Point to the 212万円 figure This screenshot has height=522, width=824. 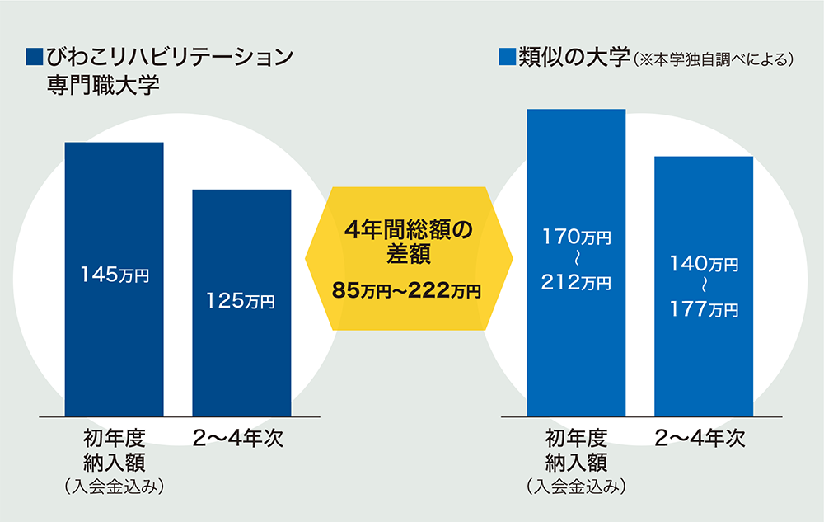576,283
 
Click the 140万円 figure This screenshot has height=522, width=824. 704,264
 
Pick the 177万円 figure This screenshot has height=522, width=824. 704,310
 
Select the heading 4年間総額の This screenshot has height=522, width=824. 409,228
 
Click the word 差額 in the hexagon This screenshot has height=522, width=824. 409,255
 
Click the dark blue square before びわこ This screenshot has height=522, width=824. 35,57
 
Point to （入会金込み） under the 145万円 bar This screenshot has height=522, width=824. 115,487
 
